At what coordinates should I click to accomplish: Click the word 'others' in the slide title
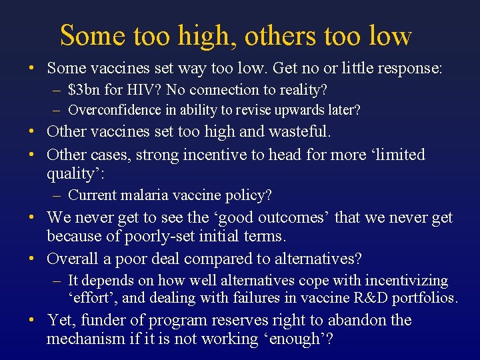click(275, 36)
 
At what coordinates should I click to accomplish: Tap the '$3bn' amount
click(83, 89)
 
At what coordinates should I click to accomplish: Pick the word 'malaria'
click(143, 195)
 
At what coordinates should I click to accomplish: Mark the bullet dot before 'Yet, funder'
click(31, 320)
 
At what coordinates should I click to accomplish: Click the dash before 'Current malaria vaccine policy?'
click(59, 195)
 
